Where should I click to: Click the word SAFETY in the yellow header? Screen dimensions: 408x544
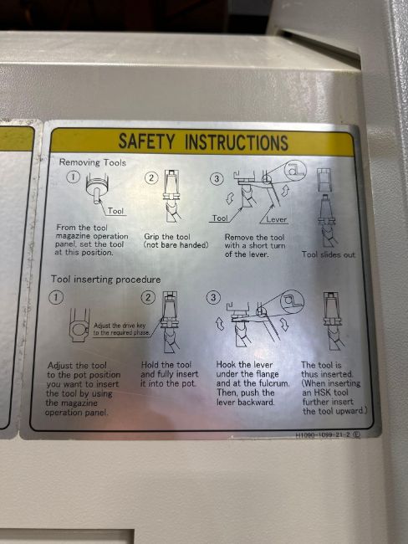146,141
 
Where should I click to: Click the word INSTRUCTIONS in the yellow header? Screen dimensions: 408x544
237,142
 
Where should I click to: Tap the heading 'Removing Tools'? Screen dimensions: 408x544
93,162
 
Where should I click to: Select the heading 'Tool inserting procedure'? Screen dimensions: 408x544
105,280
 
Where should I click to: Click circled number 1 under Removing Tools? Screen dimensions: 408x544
73,177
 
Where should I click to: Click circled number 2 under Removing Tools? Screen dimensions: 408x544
151,178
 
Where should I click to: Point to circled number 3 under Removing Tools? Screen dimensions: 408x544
217,179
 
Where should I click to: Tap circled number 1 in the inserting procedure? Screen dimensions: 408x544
57,297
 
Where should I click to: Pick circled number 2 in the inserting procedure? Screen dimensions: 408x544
148,297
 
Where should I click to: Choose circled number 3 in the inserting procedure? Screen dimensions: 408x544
213,298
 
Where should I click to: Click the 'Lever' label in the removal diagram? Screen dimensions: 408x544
276,219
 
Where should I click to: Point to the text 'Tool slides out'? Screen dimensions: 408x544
329,254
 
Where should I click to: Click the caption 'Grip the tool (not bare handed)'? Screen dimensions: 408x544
176,241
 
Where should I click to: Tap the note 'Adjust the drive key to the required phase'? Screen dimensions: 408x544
121,329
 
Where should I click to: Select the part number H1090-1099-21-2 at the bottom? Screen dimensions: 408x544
323,435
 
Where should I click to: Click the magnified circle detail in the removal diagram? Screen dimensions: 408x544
295,170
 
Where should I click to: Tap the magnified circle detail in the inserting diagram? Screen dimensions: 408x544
293,301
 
